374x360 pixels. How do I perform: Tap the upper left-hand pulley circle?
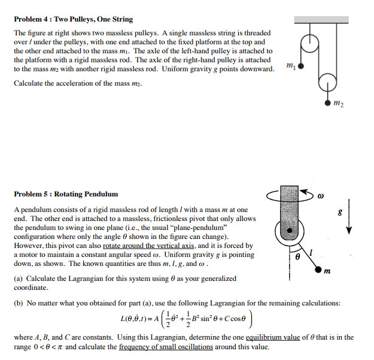[309, 43]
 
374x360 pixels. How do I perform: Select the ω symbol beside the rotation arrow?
[320, 195]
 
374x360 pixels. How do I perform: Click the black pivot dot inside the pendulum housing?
[291, 229]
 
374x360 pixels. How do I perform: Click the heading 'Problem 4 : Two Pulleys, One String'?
[74, 19]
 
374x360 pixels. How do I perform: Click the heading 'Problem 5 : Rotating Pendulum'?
[66, 194]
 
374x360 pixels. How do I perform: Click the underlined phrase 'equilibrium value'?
[289, 337]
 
